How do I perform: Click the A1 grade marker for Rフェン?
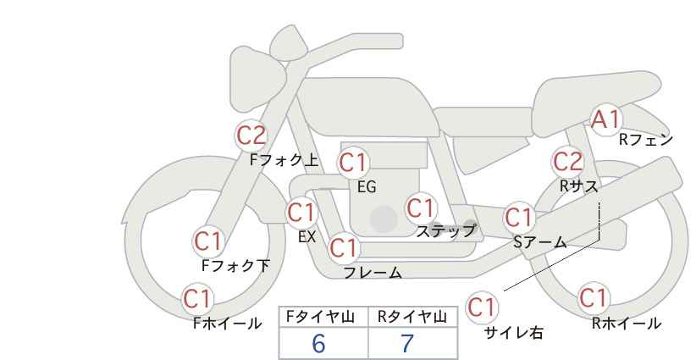point(605,119)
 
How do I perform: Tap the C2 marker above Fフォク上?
point(251,136)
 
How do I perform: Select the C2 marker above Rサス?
point(567,162)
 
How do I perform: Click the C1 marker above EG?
point(353,163)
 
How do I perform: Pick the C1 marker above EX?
point(301,213)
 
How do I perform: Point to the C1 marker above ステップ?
point(421,208)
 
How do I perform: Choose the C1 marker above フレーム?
point(344,247)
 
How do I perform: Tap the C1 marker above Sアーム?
point(519,218)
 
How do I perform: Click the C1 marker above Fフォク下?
point(208,241)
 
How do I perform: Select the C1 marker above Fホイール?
point(197,299)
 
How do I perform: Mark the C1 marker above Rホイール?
point(594,297)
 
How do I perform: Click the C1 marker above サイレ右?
point(482,307)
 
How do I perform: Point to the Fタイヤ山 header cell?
point(323,317)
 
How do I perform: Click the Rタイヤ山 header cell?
point(413,317)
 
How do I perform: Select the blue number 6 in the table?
point(318,343)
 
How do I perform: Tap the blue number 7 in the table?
point(407,343)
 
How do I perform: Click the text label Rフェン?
point(646,140)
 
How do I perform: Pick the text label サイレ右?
point(514,333)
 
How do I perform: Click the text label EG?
point(367,187)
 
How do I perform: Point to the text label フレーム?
point(373,273)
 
